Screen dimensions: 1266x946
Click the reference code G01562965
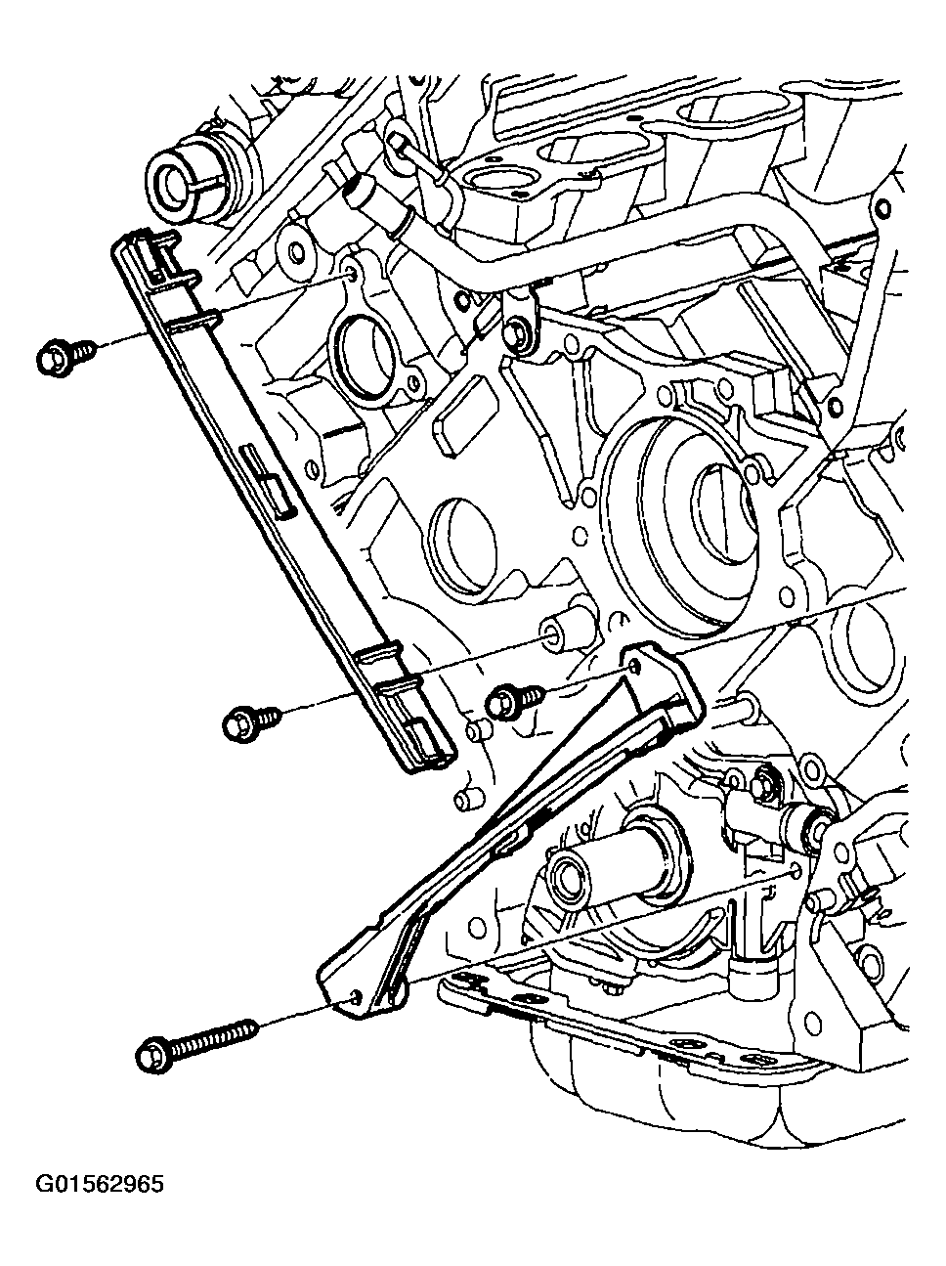101,1186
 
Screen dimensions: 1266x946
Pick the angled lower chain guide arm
508,821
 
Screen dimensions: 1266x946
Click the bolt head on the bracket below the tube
518,335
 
